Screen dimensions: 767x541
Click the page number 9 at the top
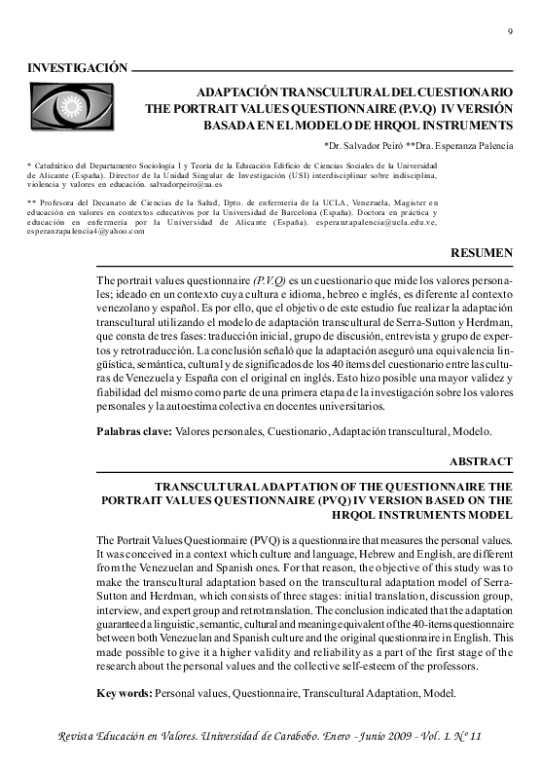tap(510, 32)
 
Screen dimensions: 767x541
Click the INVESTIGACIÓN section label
tap(78, 68)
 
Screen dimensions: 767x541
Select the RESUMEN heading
tap(481, 254)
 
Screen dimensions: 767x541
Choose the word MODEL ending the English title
tap(486, 515)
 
